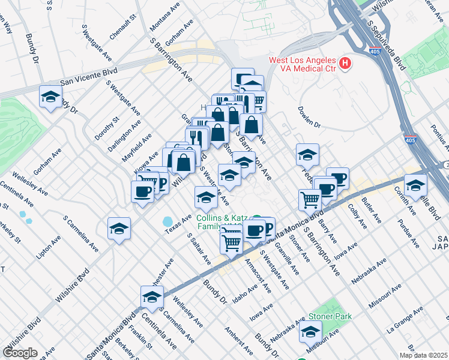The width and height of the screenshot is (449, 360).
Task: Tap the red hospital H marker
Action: (x=345, y=62)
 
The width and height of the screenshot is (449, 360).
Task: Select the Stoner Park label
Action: (x=330, y=316)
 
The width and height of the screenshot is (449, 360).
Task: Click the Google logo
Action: (x=20, y=353)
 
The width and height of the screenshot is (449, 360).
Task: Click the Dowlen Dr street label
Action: (x=310, y=117)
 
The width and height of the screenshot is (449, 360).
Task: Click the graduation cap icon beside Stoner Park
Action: (x=310, y=331)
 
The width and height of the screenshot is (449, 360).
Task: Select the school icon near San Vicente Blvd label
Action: (x=51, y=97)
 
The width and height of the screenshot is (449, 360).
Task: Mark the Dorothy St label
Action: (x=100, y=128)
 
